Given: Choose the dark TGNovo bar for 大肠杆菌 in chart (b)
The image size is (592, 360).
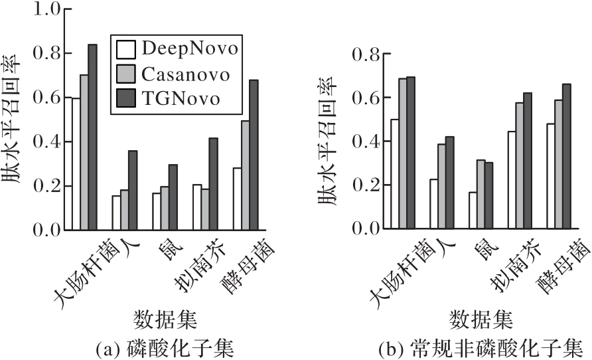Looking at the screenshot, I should click(x=411, y=153).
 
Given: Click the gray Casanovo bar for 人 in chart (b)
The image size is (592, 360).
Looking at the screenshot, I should click(x=441, y=187).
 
